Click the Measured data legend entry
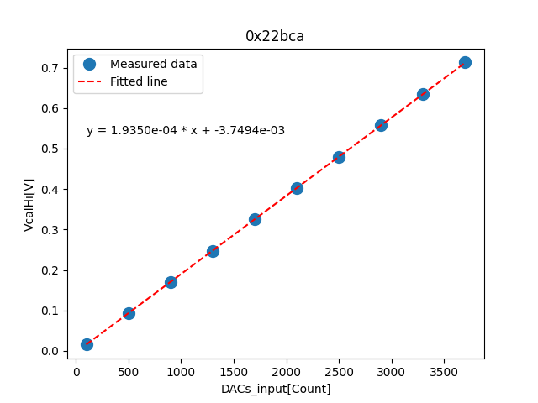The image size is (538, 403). coord(153,64)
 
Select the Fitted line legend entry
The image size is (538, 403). coord(139,81)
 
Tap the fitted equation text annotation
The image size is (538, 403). coord(186,130)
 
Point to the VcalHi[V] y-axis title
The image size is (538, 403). coord(29,204)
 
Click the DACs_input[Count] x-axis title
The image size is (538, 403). coord(276,389)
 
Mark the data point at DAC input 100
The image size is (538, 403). coord(87,344)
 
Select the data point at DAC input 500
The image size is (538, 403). coord(129,313)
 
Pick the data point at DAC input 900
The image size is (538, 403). coord(171,282)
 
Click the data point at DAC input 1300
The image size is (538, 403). coord(213,251)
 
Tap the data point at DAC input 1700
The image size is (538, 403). coord(255,219)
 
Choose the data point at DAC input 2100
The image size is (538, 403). coord(297,188)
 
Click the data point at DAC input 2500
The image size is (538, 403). coord(339,157)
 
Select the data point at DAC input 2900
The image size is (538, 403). coord(381,125)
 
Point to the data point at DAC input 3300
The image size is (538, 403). coord(423,94)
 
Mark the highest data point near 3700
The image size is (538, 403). coord(465,62)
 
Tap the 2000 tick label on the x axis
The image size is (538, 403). coord(287,372)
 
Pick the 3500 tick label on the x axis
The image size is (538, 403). coord(444,372)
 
